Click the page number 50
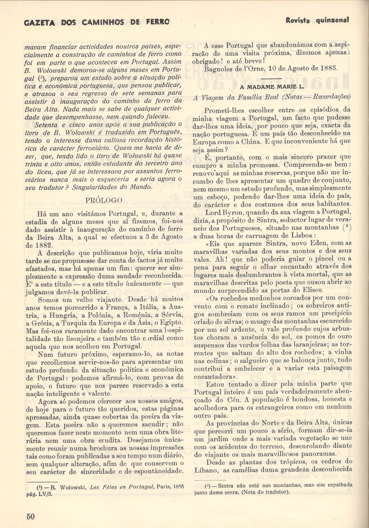[30, 516]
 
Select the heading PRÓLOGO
[104, 200]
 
